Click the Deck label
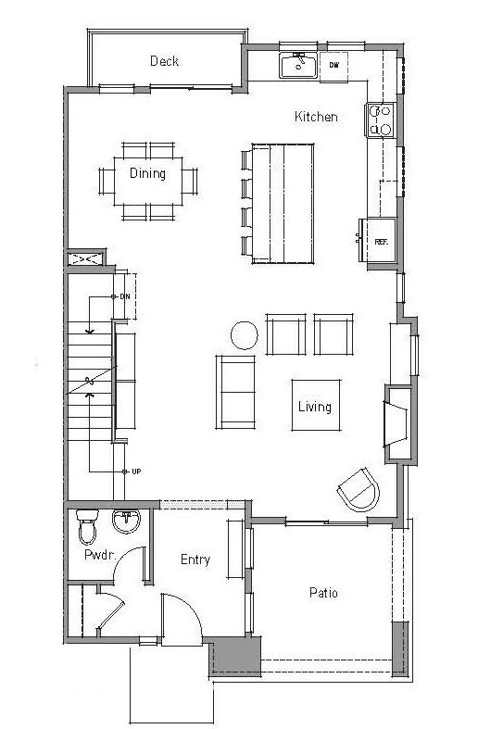[165, 61]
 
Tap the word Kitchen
[316, 116]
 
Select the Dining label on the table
[147, 173]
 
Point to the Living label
[315, 407]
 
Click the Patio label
[323, 592]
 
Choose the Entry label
[195, 559]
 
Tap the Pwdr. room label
[99, 555]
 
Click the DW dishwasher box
[333, 66]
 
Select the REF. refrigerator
[381, 241]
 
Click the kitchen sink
[298, 66]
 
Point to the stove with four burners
[380, 119]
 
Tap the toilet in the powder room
[87, 527]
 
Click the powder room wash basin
[126, 521]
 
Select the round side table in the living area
[245, 335]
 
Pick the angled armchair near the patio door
[359, 490]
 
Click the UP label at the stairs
[136, 471]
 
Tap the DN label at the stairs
[125, 296]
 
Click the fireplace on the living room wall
[396, 424]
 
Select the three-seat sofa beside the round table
[235, 393]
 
